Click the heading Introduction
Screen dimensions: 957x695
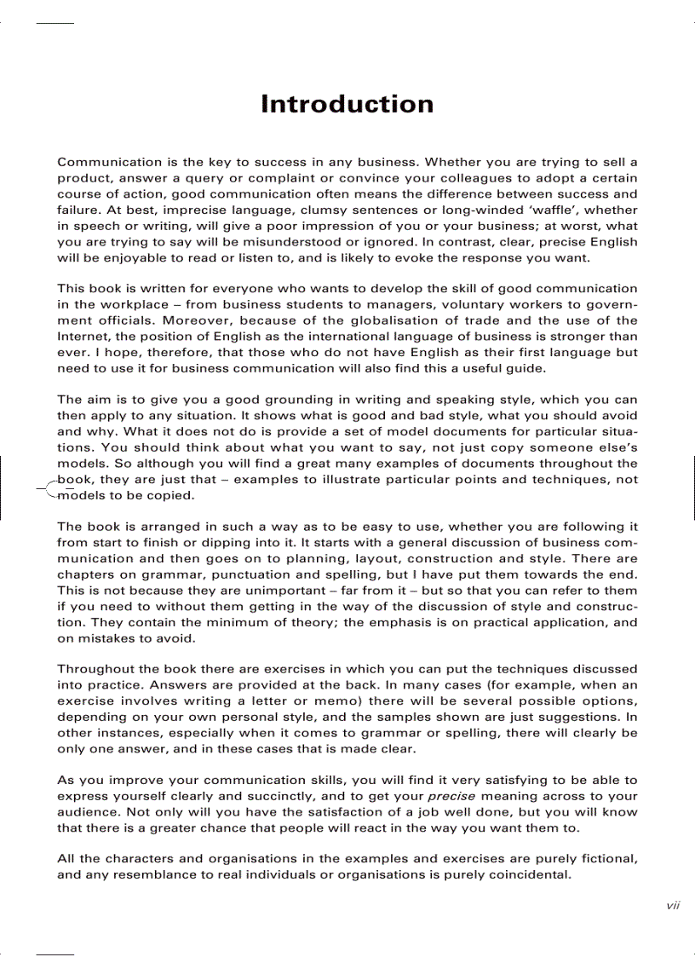click(x=347, y=104)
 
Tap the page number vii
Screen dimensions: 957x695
click(x=672, y=906)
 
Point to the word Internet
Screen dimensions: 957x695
click(x=83, y=337)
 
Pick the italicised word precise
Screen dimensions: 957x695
click(x=451, y=796)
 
